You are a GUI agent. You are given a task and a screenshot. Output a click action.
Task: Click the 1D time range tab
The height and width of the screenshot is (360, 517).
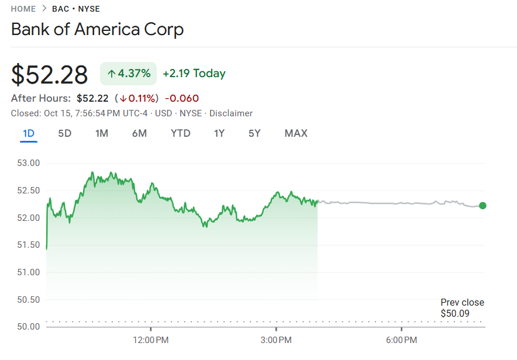coord(29,133)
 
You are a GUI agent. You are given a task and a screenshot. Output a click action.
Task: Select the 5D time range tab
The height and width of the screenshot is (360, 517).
coord(64,133)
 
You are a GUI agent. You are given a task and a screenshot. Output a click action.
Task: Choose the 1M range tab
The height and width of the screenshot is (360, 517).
coord(102,133)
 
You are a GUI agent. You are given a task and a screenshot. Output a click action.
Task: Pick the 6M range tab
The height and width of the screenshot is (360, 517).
coord(139,133)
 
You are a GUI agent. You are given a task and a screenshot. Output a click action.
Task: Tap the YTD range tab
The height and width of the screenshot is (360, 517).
coord(180,133)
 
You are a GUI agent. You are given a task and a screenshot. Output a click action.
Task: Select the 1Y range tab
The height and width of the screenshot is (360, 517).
coord(219,133)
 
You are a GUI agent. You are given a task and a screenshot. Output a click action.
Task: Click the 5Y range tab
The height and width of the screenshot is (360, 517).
coord(254,133)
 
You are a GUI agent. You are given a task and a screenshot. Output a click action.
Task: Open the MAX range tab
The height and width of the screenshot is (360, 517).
coord(296,133)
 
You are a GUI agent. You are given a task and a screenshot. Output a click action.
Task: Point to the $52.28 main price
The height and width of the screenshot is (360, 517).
coord(50,75)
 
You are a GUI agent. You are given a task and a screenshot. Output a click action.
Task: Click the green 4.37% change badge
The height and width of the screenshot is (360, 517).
coord(129,74)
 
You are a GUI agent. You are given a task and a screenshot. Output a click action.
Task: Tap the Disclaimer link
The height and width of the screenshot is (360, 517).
coord(231,113)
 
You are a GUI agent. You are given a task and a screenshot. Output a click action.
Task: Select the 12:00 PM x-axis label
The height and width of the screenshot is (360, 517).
coord(151,340)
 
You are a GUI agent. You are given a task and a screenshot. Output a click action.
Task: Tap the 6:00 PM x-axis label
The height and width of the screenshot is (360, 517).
coord(402,340)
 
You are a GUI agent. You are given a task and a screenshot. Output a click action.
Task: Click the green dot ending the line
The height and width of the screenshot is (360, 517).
coord(482,205)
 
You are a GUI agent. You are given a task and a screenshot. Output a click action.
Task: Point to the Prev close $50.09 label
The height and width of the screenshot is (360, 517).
coord(462,308)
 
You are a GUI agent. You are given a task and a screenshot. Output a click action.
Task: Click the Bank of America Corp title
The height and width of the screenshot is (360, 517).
coord(97,29)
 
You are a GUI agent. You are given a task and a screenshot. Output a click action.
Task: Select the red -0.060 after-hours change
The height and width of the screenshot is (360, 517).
coord(182,98)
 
